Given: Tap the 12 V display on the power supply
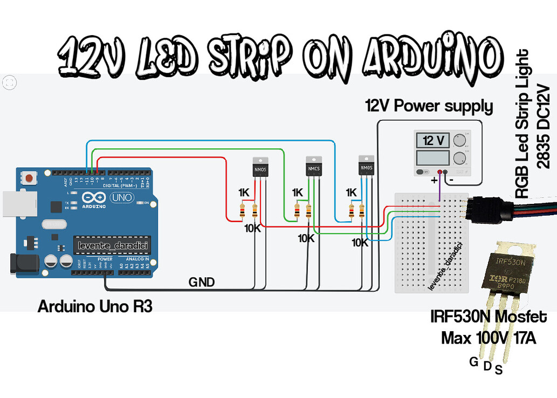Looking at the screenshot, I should [x=434, y=141].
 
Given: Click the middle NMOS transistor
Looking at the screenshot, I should [x=313, y=167].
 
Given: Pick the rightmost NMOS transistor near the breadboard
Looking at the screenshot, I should [x=367, y=166].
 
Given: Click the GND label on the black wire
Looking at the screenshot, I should [x=202, y=282].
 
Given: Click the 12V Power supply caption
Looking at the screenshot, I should [x=429, y=106].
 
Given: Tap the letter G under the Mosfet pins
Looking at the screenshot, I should [x=473, y=362].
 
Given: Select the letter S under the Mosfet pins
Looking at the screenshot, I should [x=499, y=369].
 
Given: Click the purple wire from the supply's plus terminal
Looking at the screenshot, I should [x=440, y=189].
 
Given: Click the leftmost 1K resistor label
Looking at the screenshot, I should [x=244, y=193].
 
